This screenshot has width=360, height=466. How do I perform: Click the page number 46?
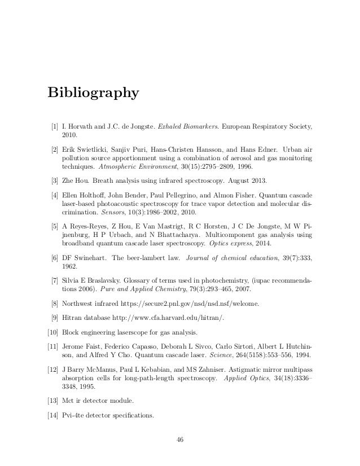pyautogui.click(x=180, y=439)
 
